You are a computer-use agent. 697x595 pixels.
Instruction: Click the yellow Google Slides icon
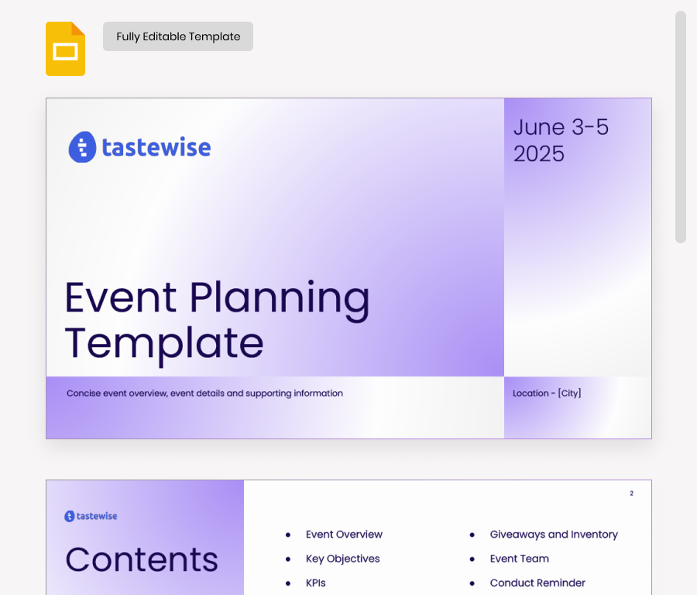click(65, 50)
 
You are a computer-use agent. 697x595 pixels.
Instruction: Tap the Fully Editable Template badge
click(178, 36)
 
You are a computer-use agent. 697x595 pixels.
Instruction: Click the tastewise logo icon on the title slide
click(82, 147)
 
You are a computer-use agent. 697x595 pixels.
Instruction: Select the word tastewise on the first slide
click(156, 147)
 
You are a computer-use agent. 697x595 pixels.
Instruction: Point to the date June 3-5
click(561, 127)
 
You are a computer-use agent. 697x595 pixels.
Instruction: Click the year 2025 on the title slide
click(539, 153)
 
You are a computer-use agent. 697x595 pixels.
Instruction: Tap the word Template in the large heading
click(163, 343)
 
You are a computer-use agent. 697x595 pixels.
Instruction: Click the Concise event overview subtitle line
click(204, 394)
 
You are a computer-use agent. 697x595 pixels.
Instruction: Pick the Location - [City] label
click(547, 394)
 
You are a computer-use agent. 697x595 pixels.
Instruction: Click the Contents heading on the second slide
click(142, 559)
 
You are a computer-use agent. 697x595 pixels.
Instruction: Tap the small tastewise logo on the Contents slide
click(91, 516)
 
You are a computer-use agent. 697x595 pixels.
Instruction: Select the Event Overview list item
click(344, 535)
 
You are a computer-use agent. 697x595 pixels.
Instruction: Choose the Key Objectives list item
click(342, 559)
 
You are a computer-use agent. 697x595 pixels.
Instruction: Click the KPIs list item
click(315, 583)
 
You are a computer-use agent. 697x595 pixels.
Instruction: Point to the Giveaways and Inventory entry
click(554, 535)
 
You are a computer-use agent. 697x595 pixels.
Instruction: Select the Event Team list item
click(519, 559)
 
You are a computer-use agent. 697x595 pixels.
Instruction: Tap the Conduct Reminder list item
click(537, 583)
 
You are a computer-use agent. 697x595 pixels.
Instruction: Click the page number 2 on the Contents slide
click(631, 494)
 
